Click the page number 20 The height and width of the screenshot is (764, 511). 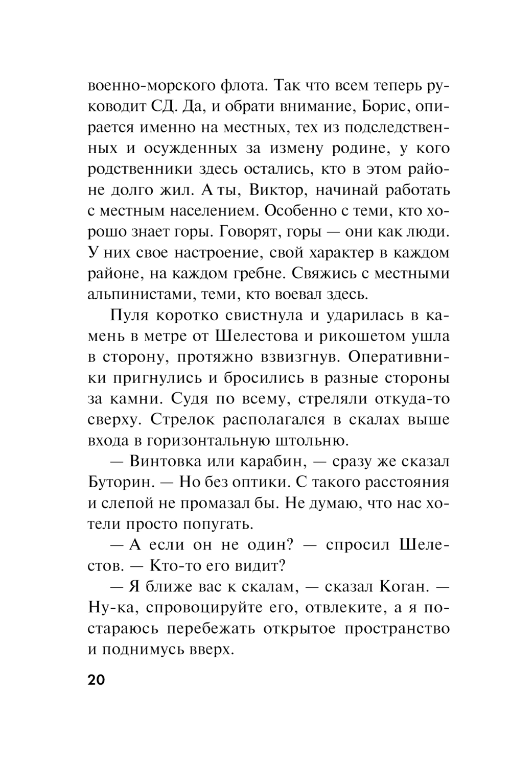96,680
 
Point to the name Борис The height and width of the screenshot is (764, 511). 379,106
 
